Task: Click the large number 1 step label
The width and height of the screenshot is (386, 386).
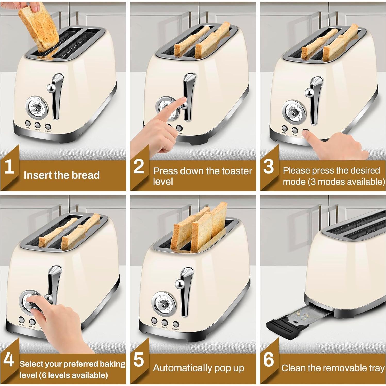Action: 9,166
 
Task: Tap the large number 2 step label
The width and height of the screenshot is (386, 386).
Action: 139,166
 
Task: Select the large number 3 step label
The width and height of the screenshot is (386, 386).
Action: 268,166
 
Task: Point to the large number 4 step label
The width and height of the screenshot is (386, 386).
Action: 9,360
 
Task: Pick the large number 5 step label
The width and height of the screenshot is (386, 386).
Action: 139,360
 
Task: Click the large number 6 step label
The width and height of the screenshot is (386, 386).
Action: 268,359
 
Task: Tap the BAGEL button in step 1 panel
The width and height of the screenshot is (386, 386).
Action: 28,123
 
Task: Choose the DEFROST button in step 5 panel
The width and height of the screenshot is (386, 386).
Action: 176,324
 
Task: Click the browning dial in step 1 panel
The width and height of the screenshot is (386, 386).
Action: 35,107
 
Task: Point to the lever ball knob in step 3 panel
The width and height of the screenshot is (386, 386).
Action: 308,92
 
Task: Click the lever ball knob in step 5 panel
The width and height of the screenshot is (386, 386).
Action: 179,284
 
